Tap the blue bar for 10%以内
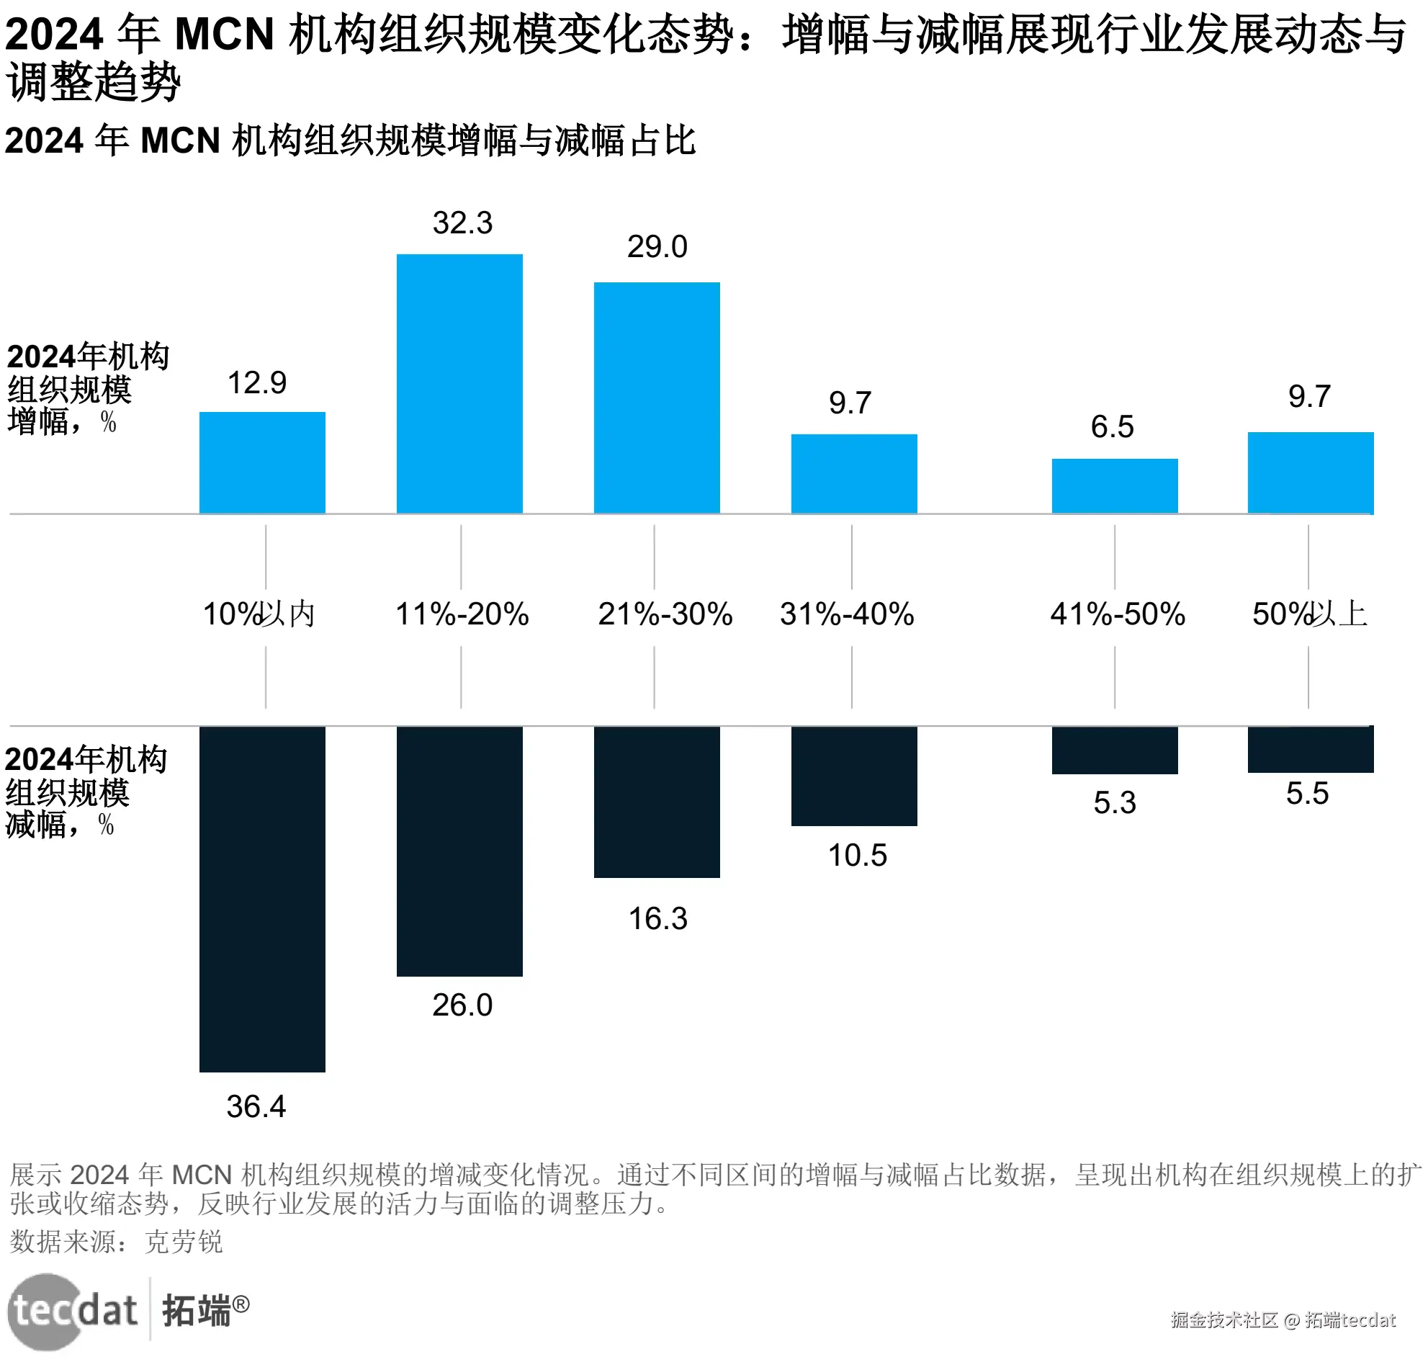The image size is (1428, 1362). click(262, 462)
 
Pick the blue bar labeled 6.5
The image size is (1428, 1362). click(1113, 485)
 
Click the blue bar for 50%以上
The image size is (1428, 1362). click(1310, 472)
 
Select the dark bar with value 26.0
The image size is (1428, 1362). click(459, 850)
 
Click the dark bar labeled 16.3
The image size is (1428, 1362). click(656, 802)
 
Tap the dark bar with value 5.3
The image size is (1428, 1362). click(1113, 749)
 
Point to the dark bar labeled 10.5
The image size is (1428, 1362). click(854, 776)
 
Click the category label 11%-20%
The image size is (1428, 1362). click(462, 614)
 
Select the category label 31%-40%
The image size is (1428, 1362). click(846, 614)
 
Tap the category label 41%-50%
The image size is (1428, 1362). click(1117, 614)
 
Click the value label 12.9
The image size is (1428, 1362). click(257, 382)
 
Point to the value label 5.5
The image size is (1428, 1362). click(1307, 793)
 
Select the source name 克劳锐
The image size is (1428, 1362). click(183, 1242)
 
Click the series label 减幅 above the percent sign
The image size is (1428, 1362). click(36, 825)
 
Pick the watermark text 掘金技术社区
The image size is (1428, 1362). click(1223, 1320)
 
